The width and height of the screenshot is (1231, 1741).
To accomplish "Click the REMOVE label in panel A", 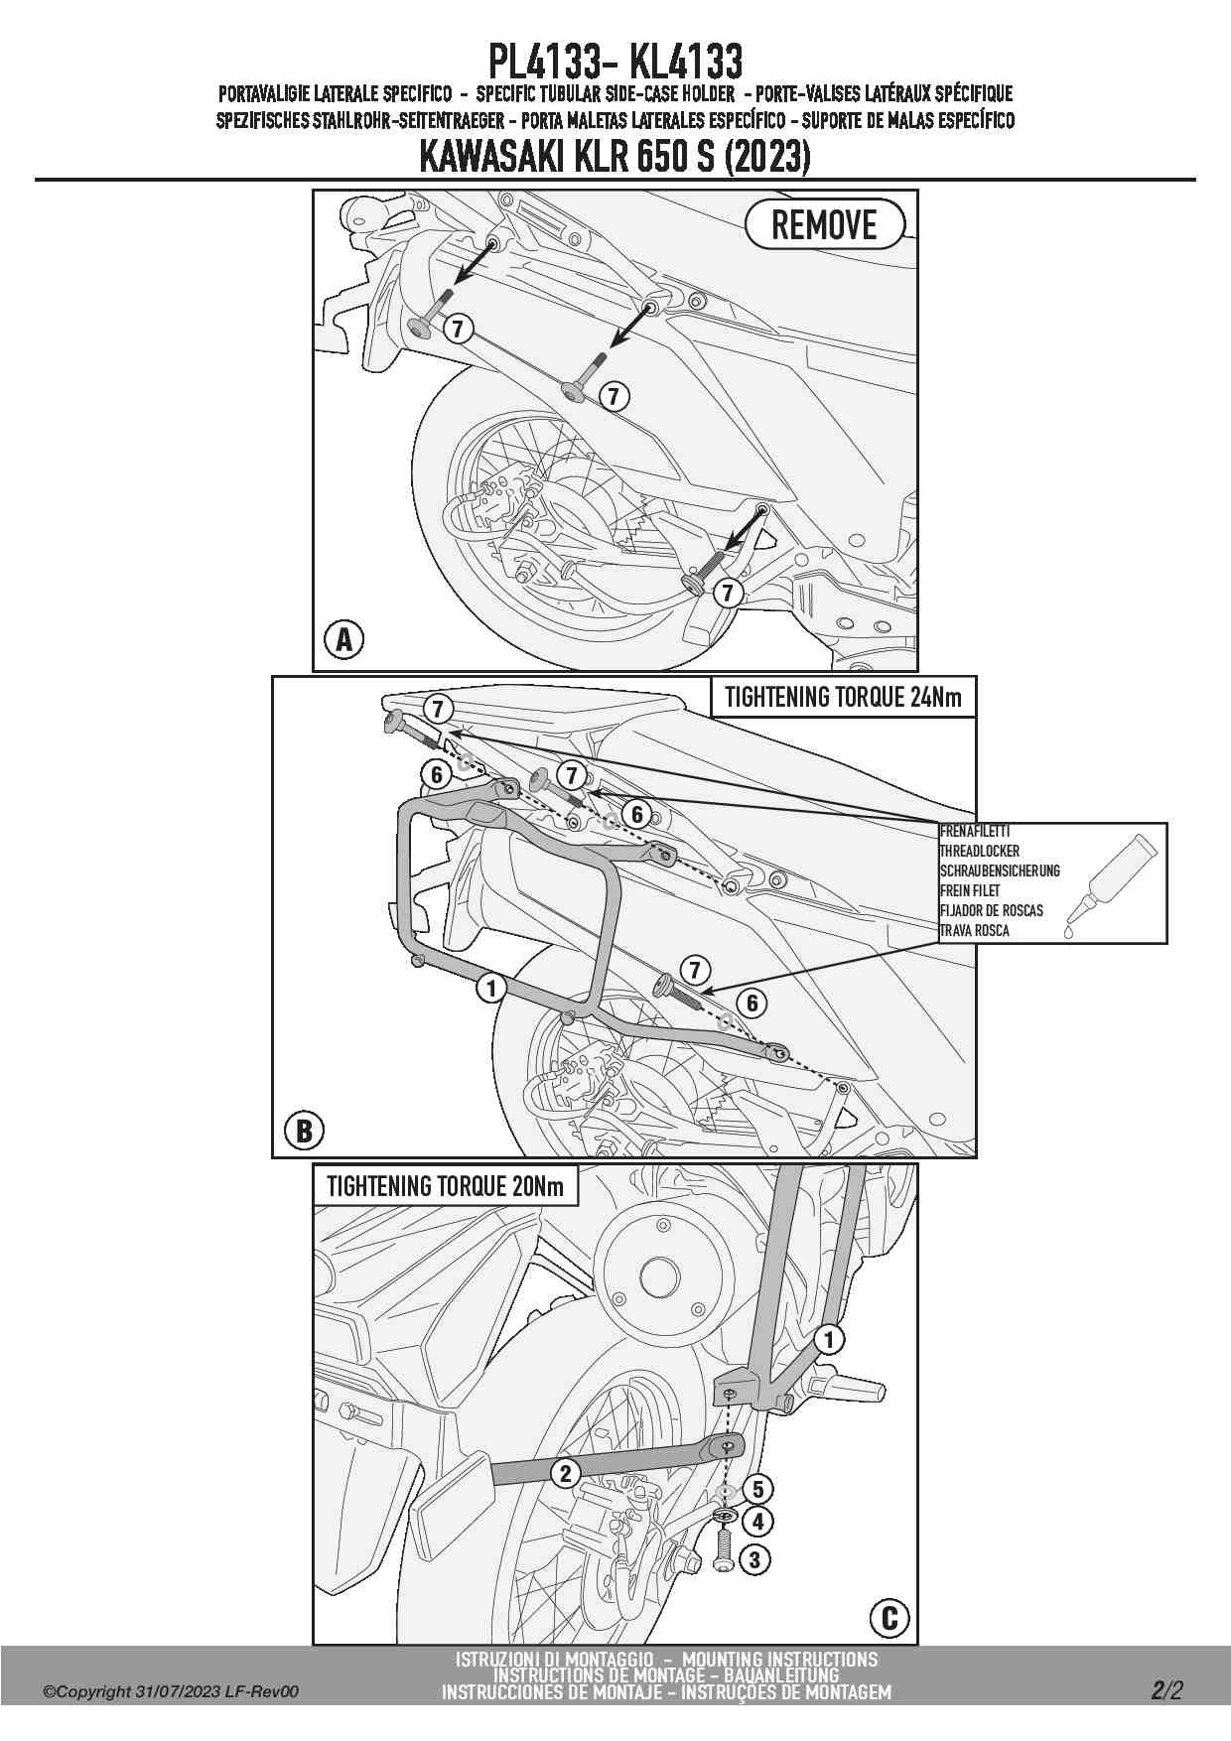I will point(824,224).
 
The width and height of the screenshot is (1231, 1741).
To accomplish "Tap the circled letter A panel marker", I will point(343,640).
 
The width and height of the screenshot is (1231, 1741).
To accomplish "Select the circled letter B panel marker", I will point(304,1130).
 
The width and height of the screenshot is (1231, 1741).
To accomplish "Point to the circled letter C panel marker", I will point(889,1618).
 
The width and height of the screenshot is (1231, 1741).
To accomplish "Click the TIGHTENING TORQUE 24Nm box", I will point(843,697).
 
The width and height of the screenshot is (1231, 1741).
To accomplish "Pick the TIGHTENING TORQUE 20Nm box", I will point(445,1185).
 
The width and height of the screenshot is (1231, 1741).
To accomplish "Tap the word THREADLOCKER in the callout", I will point(979,851).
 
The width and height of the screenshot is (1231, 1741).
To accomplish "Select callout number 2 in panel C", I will point(566,1473).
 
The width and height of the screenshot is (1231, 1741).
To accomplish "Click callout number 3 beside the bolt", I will point(754,1559).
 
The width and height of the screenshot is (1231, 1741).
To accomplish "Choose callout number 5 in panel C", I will point(755,1489).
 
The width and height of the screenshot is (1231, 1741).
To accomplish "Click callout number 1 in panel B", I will point(490,988).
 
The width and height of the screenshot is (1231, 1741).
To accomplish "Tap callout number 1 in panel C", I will point(829,1340).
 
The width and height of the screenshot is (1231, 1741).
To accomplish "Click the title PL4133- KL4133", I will point(615,61).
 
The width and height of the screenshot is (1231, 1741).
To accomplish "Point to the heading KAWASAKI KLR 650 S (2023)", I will point(615,157).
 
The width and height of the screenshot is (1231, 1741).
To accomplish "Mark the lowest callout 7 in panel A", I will point(729,593).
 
